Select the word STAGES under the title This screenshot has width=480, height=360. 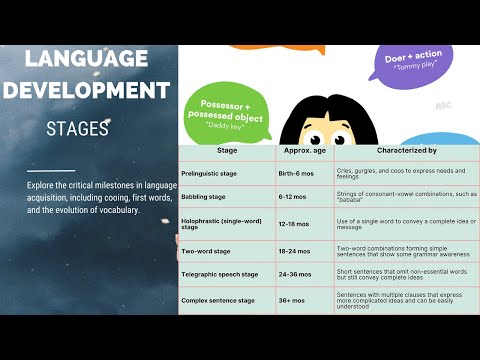[77, 129]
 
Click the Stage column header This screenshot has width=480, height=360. [227, 151]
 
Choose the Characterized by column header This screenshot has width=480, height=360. [404, 151]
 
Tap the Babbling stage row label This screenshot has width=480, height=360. [203, 197]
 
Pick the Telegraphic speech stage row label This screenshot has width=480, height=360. [220, 274]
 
